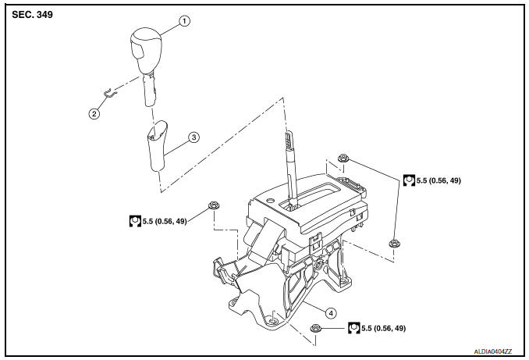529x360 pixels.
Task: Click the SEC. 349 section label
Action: [x=33, y=15]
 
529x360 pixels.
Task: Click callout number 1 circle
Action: [x=184, y=21]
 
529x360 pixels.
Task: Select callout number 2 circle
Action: [x=94, y=113]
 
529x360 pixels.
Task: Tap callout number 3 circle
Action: [x=194, y=137]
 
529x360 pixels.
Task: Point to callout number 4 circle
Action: [x=331, y=313]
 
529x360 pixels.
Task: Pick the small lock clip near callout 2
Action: [x=110, y=92]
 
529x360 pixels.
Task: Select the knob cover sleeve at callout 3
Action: [x=157, y=145]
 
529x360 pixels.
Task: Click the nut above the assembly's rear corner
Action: [x=343, y=158]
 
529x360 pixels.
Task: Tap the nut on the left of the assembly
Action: [x=214, y=205]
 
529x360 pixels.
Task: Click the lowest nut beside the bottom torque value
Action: [x=315, y=327]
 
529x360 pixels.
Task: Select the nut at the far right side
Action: [x=394, y=243]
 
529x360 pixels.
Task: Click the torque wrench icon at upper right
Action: [x=409, y=180]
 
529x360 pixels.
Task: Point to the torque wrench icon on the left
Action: [x=135, y=221]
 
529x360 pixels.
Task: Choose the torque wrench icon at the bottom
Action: [x=354, y=327]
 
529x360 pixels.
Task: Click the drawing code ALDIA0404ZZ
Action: [x=493, y=351]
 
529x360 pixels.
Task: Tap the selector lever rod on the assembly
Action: [x=291, y=168]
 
